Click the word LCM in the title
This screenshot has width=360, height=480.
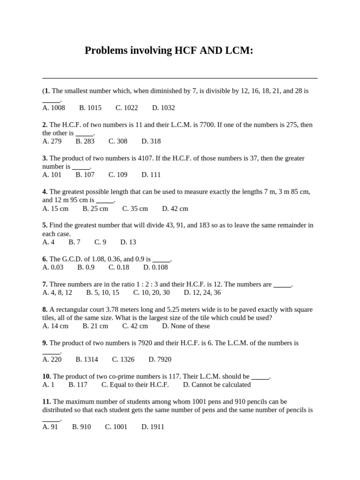(x=237, y=51)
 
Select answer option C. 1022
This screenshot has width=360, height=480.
(x=127, y=108)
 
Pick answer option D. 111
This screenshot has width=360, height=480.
(x=151, y=175)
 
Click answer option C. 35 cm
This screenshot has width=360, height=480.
(x=135, y=209)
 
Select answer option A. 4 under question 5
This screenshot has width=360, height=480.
(x=48, y=242)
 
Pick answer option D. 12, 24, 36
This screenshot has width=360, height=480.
(x=202, y=292)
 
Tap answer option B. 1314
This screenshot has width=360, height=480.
(x=87, y=360)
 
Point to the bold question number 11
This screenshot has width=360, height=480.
(x=46, y=402)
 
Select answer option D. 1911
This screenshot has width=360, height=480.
(x=153, y=427)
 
